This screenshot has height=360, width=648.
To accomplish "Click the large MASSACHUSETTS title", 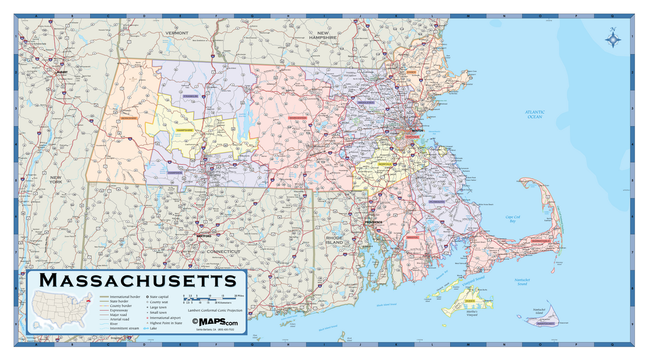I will point(138,281).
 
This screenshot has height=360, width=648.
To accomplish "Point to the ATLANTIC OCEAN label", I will point(535,114).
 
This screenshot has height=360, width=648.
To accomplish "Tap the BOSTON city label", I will point(417,131).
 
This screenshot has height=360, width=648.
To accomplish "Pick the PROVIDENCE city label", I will point(373,222).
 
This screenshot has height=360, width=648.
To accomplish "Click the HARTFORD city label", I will point(204,236).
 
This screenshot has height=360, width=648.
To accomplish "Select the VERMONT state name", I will point(177,33).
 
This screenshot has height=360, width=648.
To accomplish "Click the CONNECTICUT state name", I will point(223,252).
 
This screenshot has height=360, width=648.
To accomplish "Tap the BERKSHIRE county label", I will point(129,118).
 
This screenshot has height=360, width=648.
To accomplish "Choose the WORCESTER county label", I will point(298,118).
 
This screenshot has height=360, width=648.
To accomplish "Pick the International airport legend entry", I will point(166,318).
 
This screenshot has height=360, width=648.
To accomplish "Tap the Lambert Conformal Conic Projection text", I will point(214,311).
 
